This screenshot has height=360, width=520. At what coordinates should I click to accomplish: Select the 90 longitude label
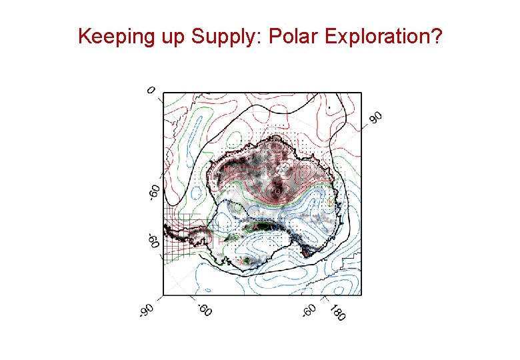pos(376,117)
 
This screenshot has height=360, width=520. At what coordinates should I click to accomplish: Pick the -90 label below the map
pos(147,310)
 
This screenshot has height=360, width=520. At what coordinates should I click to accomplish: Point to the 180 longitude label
pos(337,312)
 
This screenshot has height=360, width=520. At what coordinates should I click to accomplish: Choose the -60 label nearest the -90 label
pos(204,309)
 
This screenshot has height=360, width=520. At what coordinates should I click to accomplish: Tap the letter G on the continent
pos(277,191)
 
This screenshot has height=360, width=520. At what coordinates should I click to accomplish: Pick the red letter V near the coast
pos(305,254)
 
